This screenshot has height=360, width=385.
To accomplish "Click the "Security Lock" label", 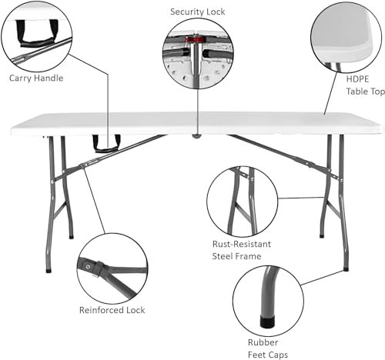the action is [x=197, y=12].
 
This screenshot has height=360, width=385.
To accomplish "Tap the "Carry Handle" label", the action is [x=36, y=78].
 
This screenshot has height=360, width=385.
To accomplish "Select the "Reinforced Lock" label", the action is [x=112, y=310].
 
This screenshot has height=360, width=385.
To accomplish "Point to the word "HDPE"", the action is [x=357, y=79].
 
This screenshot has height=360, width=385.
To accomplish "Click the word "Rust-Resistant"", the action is [x=242, y=244].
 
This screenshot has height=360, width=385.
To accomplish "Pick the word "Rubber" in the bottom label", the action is [x=263, y=342].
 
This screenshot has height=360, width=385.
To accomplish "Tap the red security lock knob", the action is [x=196, y=40].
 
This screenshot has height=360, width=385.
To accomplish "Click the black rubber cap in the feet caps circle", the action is [x=267, y=322].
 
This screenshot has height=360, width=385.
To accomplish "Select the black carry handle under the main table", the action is [x=106, y=144].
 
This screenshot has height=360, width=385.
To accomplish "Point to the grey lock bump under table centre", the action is [x=197, y=135].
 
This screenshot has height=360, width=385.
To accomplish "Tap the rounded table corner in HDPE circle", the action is [x=367, y=48].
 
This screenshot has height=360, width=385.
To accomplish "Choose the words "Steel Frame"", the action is [x=236, y=256].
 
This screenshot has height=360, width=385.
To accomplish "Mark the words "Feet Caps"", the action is [x=268, y=355].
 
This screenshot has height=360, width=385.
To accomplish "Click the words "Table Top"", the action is [x=365, y=92].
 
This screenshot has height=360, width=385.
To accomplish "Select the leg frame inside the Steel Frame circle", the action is [x=243, y=202].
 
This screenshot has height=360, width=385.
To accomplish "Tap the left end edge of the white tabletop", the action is [x=12, y=131].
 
